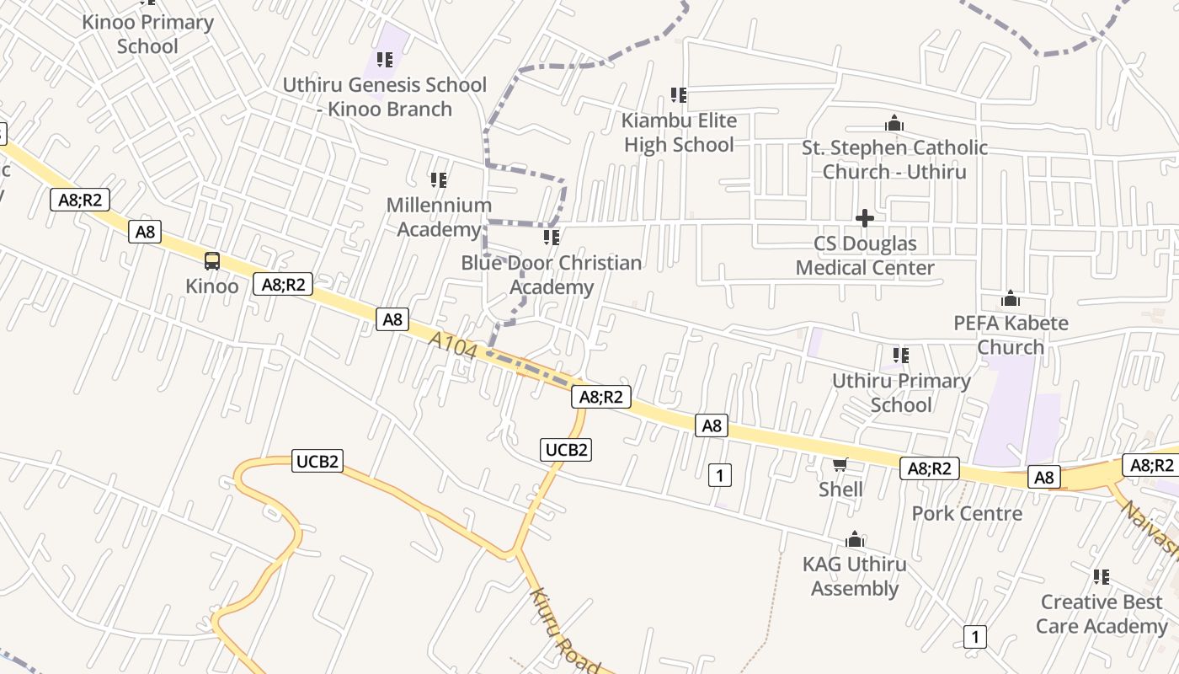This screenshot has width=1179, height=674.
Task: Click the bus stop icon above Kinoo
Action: click(212, 261)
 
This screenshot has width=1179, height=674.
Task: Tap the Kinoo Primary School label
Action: click(147, 34)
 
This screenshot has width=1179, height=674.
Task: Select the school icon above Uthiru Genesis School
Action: click(385, 60)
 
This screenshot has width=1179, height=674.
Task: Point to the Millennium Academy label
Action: click(439, 217)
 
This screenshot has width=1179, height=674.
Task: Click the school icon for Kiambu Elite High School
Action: click(679, 95)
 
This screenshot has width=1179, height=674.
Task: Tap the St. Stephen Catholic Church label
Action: click(894, 159)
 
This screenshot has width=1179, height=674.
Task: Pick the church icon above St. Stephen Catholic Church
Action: click(894, 125)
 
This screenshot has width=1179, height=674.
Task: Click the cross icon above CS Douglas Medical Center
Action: click(865, 218)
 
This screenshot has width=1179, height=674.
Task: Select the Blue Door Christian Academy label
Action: click(552, 275)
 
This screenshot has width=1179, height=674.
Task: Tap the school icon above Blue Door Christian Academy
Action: click(552, 238)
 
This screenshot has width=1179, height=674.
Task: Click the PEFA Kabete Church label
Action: click(1011, 334)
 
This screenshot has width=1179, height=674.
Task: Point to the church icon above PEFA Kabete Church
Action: click(1011, 298)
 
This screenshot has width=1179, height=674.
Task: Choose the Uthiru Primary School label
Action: click(901, 393)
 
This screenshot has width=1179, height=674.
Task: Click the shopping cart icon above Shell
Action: click(840, 464)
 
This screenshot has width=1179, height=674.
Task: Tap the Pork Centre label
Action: click(967, 513)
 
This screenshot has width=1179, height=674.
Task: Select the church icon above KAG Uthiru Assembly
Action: click(855, 539)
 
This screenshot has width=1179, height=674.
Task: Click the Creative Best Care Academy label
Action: click(1102, 613)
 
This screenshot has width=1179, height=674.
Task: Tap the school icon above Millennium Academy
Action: click(439, 179)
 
